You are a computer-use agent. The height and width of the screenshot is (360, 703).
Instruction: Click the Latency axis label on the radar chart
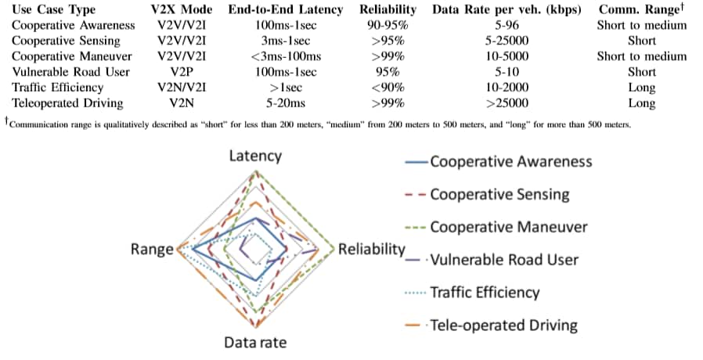coord(255,156)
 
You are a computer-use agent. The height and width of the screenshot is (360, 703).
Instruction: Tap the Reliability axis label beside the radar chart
coord(371,250)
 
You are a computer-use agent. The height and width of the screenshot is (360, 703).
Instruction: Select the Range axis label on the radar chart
coord(152,250)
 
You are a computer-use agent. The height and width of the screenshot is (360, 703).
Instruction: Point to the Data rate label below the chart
coord(255,342)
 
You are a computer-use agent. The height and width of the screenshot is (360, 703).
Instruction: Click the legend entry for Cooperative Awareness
coord(510,162)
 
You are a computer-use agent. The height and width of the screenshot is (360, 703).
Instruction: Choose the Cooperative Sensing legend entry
coord(499,194)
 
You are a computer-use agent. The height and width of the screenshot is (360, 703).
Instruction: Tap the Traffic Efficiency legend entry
coord(485,293)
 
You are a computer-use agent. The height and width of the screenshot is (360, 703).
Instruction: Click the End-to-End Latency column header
coord(285,10)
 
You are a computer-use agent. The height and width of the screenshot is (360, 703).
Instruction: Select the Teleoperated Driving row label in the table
coord(67,103)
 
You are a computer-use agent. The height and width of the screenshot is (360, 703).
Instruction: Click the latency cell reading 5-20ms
coord(285,103)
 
